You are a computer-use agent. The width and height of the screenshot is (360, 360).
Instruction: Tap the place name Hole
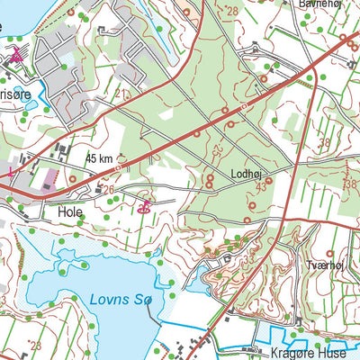pos(68,213)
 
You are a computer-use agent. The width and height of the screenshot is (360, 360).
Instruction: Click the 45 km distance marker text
pos(101,158)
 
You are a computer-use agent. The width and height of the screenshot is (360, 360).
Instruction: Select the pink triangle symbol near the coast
pos(16,55)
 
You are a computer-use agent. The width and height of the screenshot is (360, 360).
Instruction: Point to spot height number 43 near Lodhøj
pos(260,186)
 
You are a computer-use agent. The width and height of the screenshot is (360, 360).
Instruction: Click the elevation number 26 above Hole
pos(109,190)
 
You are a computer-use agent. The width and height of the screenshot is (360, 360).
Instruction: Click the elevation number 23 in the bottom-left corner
pos(36,345)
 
